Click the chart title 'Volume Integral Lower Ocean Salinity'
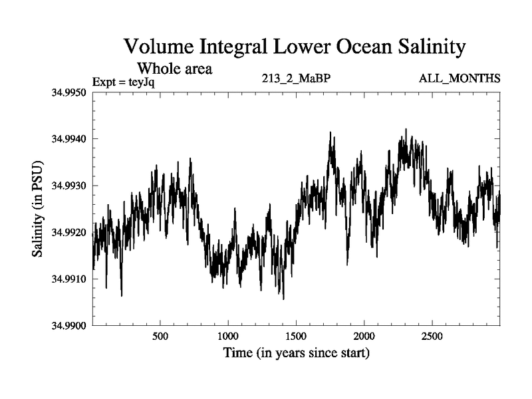295,47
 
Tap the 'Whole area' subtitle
174,68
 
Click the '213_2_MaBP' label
297,78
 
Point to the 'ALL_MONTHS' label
460,78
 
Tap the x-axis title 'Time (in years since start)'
296,352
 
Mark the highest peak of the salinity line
406,130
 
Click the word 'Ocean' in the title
362,47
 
